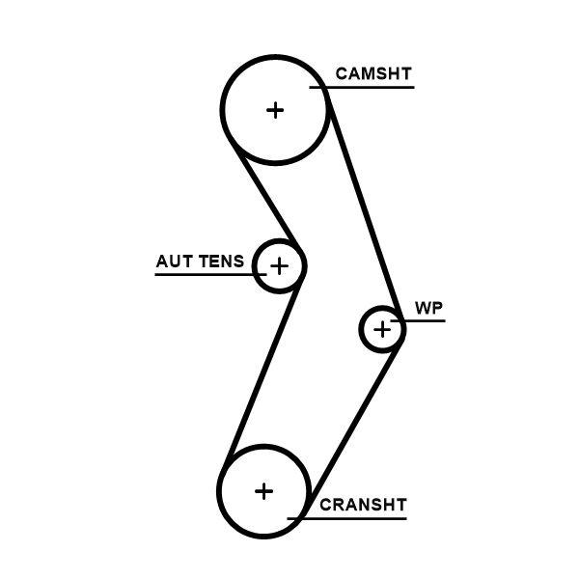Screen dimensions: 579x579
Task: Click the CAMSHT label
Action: [x=372, y=73]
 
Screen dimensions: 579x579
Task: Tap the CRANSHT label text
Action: [x=363, y=505]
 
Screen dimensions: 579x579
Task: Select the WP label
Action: [x=428, y=308]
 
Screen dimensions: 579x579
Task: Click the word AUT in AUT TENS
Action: [x=175, y=262]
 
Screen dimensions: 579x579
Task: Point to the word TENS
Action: [x=222, y=262]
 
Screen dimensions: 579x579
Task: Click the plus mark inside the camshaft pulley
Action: [x=276, y=109]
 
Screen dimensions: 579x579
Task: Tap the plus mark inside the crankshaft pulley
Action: [x=263, y=491]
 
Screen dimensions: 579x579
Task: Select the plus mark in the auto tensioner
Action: [x=279, y=264]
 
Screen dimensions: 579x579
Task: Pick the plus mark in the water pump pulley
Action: [x=383, y=330]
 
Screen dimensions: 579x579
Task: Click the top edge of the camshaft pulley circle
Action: [x=276, y=57]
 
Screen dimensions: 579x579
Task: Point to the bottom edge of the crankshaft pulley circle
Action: [x=263, y=537]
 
